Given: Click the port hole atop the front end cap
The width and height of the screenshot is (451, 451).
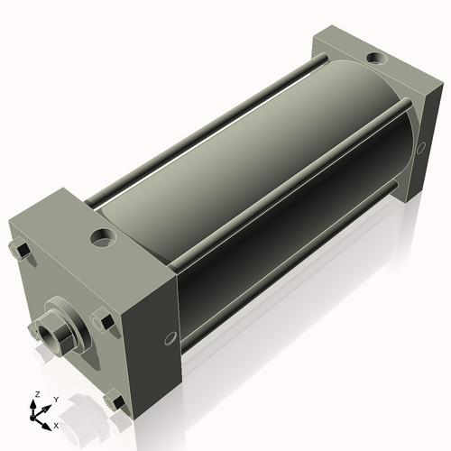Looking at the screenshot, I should coord(103,240).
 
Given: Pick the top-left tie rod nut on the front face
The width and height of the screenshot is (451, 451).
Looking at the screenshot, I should coord(19,249).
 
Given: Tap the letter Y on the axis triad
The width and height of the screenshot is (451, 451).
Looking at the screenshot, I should coord(55,398).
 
